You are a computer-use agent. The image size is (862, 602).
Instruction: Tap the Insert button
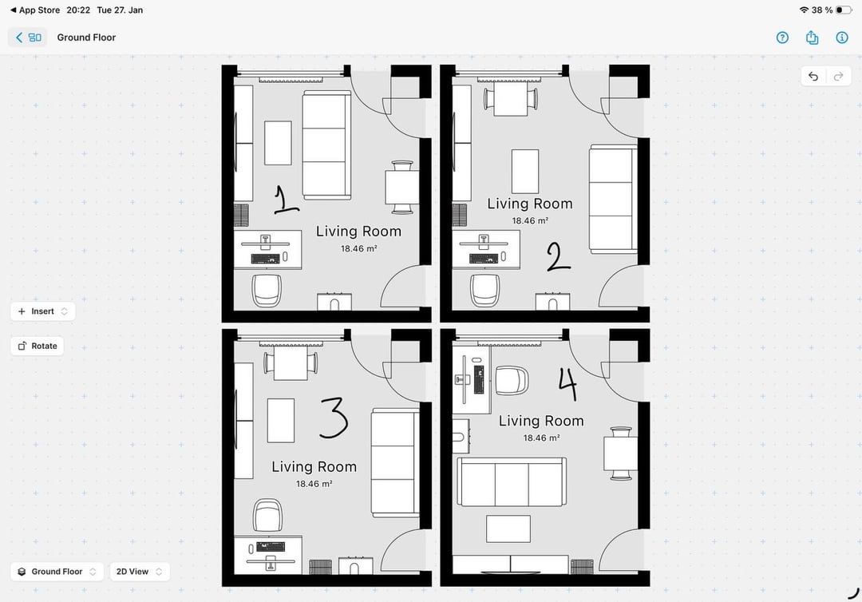tap(43, 311)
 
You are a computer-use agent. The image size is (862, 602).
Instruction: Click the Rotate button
tap(38, 346)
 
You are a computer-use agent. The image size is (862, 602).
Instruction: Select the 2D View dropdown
tap(140, 571)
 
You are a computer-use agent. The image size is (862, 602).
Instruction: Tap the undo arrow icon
tap(813, 77)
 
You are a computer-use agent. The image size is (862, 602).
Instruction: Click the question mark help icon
tap(782, 38)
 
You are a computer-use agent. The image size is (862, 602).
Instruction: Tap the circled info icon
tap(842, 38)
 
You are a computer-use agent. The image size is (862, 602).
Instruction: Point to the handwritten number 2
tap(557, 257)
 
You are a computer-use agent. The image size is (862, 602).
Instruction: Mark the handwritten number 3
tap(333, 418)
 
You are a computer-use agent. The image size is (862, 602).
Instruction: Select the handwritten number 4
tap(568, 383)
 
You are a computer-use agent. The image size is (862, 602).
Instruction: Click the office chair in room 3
tap(267, 515)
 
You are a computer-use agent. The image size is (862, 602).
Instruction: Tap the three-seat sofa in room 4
tap(512, 482)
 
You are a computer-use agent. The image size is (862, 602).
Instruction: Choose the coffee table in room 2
tap(525, 172)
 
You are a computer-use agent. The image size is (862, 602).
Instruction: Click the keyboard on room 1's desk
tap(266, 258)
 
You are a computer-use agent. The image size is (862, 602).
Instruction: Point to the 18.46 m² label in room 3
tap(314, 484)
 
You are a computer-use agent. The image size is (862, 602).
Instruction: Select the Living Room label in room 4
tap(541, 421)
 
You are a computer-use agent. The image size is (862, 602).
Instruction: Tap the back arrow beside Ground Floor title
tap(19, 38)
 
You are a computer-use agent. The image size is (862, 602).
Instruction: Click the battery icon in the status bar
tap(844, 10)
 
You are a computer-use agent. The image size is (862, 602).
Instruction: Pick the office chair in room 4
tap(512, 381)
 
